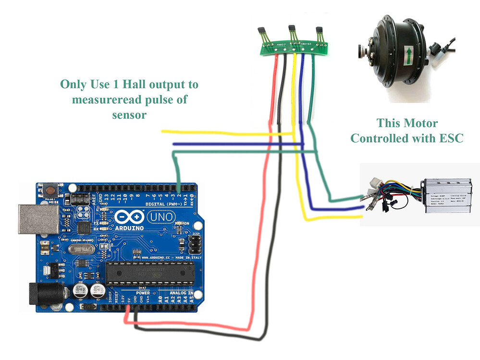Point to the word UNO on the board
pos(159,217)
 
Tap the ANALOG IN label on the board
pos(181,293)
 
